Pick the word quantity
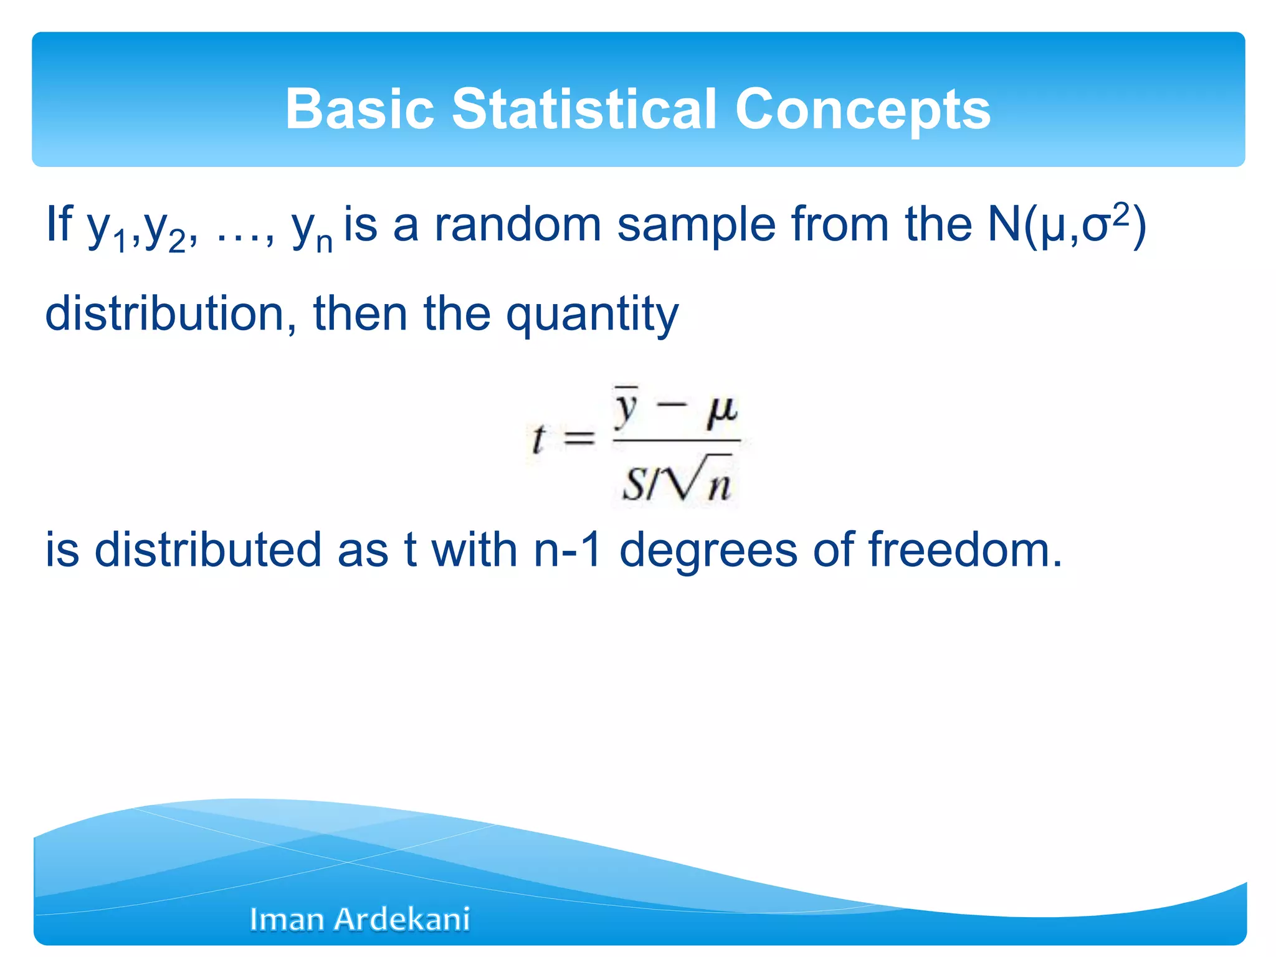[x=592, y=315]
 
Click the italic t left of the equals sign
[x=538, y=439]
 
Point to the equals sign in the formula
[x=579, y=439]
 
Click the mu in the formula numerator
[x=721, y=411]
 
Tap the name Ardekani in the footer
[x=402, y=919]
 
